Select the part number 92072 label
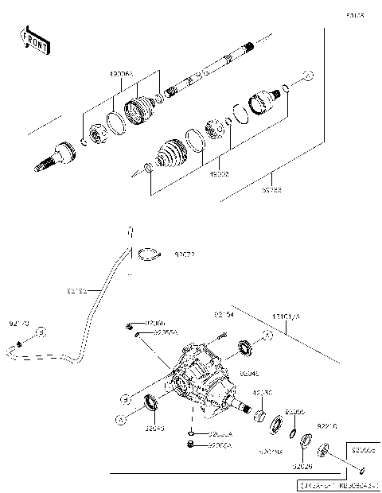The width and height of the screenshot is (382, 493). click(x=185, y=255)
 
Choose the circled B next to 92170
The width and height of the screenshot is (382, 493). click(x=42, y=332)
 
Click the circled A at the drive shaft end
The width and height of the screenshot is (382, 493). click(x=309, y=76)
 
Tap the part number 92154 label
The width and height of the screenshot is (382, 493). click(x=224, y=315)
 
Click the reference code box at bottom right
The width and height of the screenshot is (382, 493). click(x=337, y=483)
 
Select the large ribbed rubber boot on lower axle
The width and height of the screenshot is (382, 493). click(x=169, y=153)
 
